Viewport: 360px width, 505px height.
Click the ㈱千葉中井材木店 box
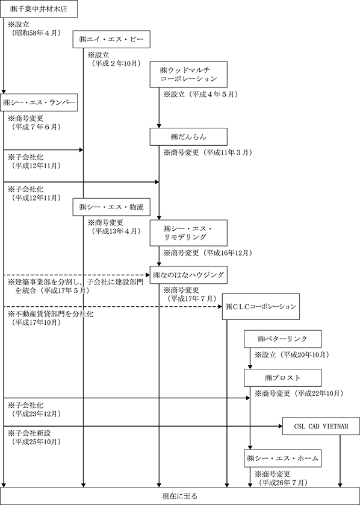(x=39, y=8)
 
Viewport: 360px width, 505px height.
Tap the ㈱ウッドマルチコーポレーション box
(x=189, y=74)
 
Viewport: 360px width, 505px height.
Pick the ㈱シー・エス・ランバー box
(x=39, y=102)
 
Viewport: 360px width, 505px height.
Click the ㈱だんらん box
(x=189, y=137)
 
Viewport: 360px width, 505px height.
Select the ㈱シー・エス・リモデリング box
(x=189, y=233)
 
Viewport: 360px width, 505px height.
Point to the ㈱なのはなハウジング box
(x=189, y=275)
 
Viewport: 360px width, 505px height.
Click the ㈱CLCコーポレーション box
(x=261, y=306)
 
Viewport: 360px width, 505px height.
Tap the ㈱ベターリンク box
(x=283, y=339)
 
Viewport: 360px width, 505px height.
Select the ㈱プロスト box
(x=283, y=378)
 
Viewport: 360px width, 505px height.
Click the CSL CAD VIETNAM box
(x=321, y=426)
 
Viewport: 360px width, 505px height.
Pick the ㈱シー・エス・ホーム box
(x=283, y=457)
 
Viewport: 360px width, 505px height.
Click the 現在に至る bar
(x=180, y=496)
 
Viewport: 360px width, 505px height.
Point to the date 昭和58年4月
(x=36, y=33)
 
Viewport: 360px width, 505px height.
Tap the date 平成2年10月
(x=116, y=63)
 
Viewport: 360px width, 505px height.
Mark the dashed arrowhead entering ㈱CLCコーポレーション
(x=220, y=306)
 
